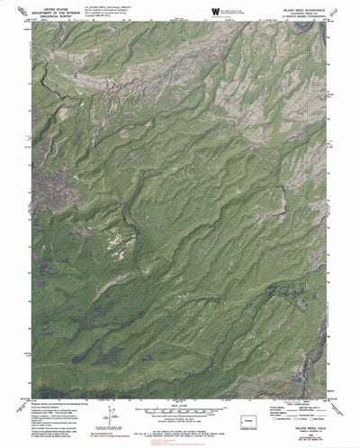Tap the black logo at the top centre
pos(215,10)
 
